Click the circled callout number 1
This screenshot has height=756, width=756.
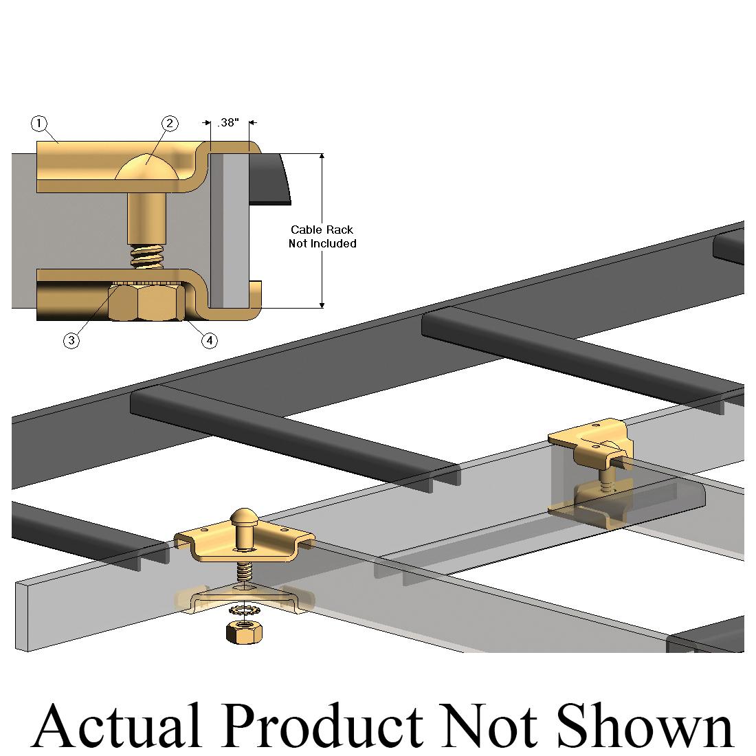pyautogui.click(x=39, y=124)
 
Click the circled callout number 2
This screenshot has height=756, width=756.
pyautogui.click(x=170, y=124)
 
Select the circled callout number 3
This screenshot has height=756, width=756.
pyautogui.click(x=71, y=340)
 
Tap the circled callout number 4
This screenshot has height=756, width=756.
pyautogui.click(x=209, y=340)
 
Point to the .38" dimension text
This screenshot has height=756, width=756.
pyautogui.click(x=227, y=123)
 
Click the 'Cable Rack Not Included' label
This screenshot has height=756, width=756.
pyautogui.click(x=322, y=236)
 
